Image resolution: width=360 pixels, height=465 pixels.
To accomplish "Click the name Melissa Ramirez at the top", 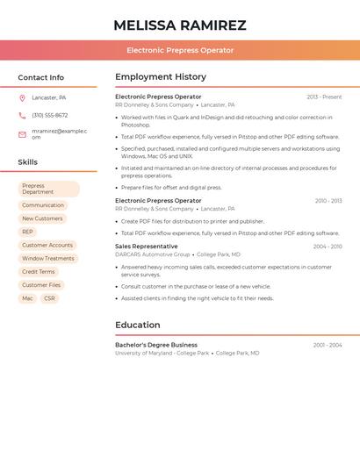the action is point(180,25).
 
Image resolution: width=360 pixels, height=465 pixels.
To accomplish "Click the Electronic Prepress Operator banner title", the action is point(180,50).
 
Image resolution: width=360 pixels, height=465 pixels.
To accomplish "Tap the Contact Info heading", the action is point(41,77).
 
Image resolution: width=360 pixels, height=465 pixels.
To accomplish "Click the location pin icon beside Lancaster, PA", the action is point(22,97).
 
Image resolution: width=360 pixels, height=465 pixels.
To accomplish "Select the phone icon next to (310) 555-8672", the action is point(22,115).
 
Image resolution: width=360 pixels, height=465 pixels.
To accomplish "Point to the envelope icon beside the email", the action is point(22,134).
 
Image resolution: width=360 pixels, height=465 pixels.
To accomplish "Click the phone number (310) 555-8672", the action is point(50,115).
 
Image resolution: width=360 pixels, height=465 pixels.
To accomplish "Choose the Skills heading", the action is point(28,162).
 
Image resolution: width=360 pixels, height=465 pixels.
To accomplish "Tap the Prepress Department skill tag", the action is point(49,189).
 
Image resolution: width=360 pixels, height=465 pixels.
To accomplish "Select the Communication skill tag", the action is point(43,205).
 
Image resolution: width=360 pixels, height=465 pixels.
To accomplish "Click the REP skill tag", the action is point(28,232).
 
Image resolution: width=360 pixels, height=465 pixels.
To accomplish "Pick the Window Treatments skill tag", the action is point(48,259).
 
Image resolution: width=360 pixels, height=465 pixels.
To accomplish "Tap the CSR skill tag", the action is point(49,298).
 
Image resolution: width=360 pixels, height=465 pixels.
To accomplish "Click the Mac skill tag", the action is point(27,298).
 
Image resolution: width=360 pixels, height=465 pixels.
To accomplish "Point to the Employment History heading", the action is point(161,77).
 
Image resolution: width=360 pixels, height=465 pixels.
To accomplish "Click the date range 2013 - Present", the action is point(324,97).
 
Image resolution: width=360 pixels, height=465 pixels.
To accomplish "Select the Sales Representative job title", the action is point(147,247).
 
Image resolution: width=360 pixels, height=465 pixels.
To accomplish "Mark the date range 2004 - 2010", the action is point(328,247).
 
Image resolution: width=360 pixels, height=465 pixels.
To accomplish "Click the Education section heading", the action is point(138,325).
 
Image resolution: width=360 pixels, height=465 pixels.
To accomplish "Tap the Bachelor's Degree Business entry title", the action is point(156,345).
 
